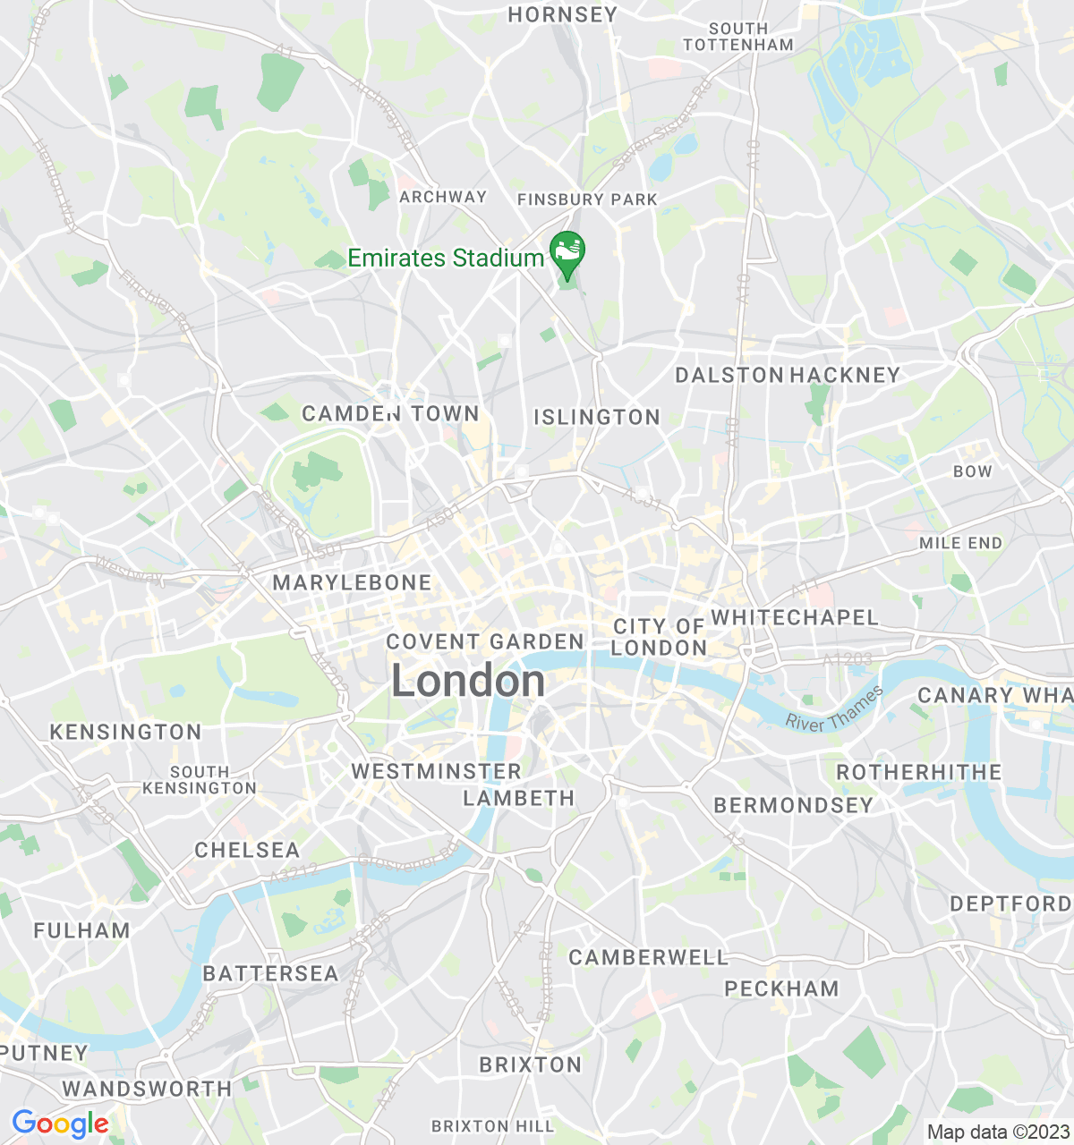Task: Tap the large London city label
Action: pyautogui.click(x=468, y=682)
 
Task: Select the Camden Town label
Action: pyautogui.click(x=390, y=413)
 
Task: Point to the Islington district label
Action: pyautogui.click(x=597, y=417)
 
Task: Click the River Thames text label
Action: pyautogui.click(x=834, y=710)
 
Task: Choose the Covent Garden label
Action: pyautogui.click(x=485, y=641)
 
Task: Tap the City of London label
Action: pyautogui.click(x=659, y=637)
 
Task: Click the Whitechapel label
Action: pyautogui.click(x=795, y=617)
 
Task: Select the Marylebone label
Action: pyautogui.click(x=352, y=582)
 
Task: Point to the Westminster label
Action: pyautogui.click(x=436, y=771)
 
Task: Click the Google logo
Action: pyautogui.click(x=60, y=1124)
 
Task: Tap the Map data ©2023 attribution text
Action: pyautogui.click(x=997, y=1132)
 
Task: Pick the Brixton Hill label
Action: pyautogui.click(x=492, y=1125)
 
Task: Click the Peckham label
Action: pyautogui.click(x=781, y=988)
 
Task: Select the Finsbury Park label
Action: pyautogui.click(x=587, y=199)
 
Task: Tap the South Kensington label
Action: pyautogui.click(x=200, y=780)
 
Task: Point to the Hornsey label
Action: pyautogui.click(x=562, y=14)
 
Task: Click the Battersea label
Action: pyautogui.click(x=270, y=973)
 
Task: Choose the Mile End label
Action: pyautogui.click(x=960, y=543)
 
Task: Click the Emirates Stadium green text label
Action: pyautogui.click(x=446, y=259)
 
